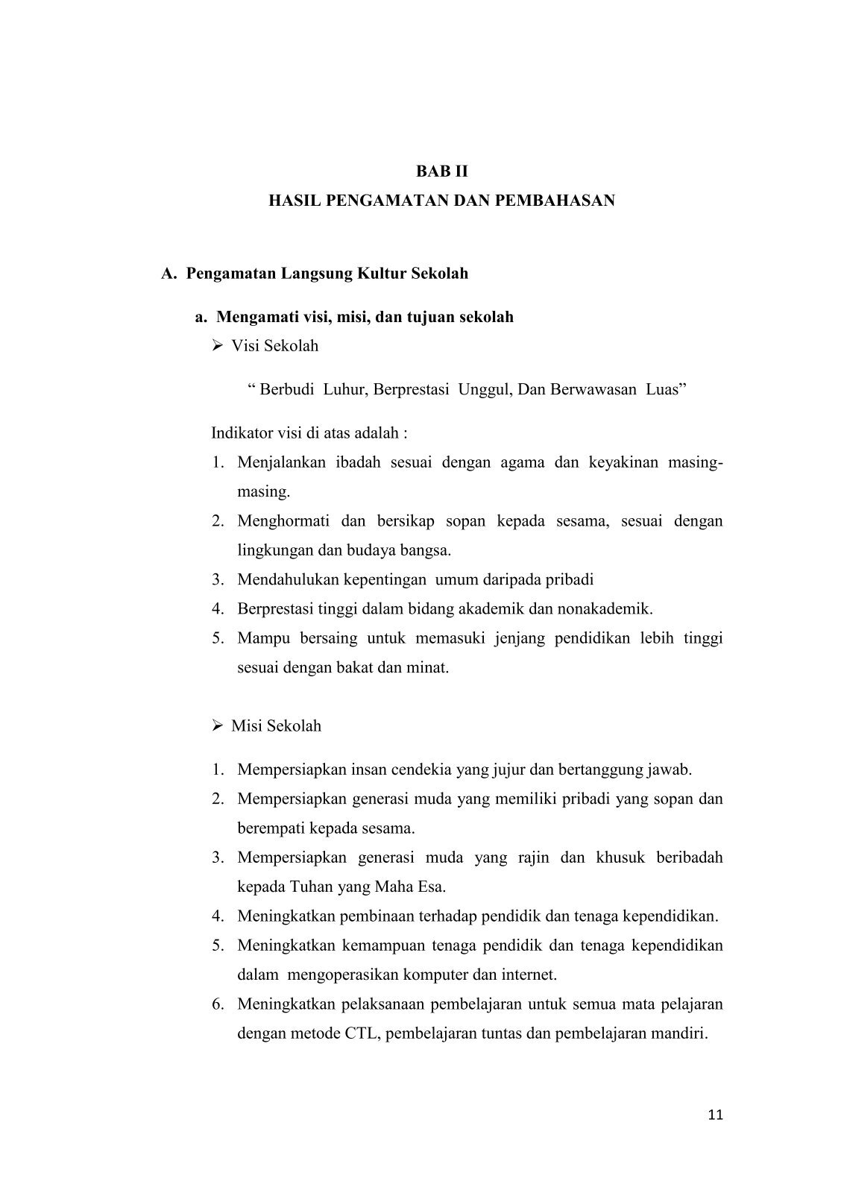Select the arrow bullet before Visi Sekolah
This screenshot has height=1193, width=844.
point(218,346)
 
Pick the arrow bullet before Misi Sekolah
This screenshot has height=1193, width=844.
point(218,726)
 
